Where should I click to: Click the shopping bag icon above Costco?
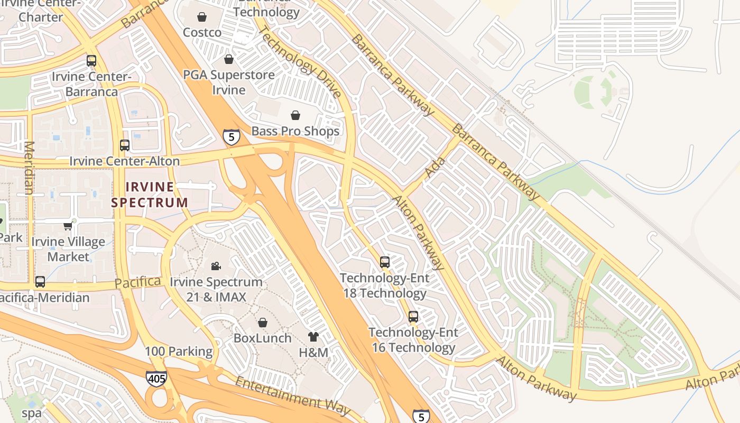201,17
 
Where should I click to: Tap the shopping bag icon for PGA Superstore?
229,59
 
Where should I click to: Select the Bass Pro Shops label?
295,131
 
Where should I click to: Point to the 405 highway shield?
156,378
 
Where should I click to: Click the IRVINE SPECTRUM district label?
150,194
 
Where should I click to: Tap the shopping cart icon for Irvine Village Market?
68,226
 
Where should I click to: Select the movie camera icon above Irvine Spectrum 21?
216,266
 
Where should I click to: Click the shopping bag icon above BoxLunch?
262,322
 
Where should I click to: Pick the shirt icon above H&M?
313,336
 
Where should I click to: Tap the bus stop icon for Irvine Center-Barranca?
91,61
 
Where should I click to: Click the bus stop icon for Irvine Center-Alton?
125,145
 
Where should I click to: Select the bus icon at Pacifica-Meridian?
40,282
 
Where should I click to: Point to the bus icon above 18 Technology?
385,262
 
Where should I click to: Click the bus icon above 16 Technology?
413,317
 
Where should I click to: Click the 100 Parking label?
179,351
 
